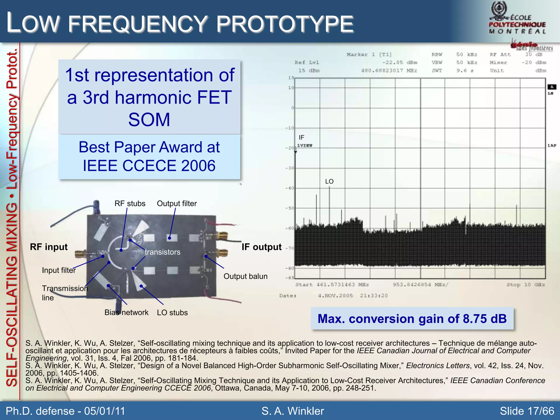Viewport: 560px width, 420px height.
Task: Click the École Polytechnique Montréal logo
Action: click(517, 19)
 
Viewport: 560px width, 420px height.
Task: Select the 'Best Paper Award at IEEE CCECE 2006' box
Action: click(149, 156)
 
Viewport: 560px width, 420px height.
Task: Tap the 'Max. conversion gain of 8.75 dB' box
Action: click(412, 319)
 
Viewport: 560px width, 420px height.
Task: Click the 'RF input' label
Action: click(49, 247)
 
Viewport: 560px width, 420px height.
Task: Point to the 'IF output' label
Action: click(261, 247)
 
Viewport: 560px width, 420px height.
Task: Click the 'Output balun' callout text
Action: click(245, 276)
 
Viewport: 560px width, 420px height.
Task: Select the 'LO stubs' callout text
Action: click(172, 313)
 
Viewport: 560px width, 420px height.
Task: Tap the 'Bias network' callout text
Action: click(126, 312)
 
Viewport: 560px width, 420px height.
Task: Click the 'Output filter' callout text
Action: click(177, 203)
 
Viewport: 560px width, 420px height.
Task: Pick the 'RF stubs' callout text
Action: click(130, 203)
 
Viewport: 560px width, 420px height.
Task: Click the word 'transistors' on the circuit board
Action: click(162, 252)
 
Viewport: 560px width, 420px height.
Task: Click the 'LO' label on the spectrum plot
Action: click(329, 182)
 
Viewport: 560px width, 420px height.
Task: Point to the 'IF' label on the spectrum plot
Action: click(301, 137)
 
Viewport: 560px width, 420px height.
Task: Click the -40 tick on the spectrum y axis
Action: click(290, 188)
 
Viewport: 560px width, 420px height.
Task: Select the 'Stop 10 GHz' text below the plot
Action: click(526, 285)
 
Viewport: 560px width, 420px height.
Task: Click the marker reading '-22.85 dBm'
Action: click(399, 62)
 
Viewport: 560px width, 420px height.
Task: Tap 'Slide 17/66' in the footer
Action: click(527, 411)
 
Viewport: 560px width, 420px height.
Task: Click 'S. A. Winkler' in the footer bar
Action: click(293, 411)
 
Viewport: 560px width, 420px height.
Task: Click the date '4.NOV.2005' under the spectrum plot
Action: click(335, 296)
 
